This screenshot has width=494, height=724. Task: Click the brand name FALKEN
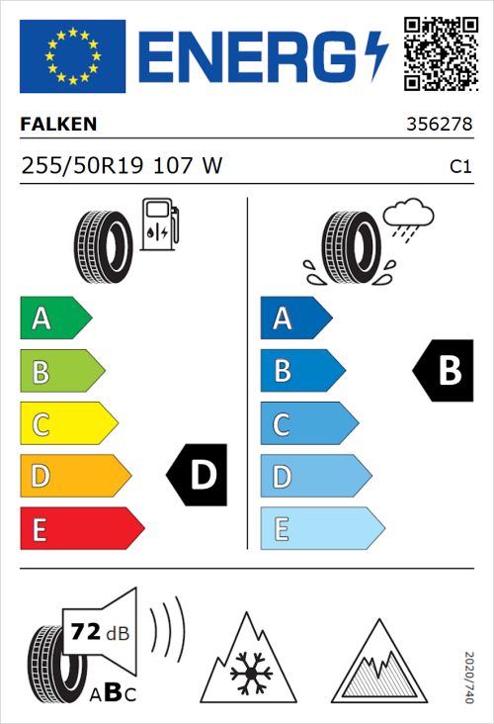[59, 126]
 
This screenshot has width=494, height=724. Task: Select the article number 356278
[440, 126]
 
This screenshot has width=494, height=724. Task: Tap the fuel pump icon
[159, 225]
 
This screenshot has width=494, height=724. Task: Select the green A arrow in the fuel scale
[54, 318]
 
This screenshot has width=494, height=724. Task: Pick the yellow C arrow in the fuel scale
[67, 423]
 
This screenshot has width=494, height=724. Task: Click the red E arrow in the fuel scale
[81, 528]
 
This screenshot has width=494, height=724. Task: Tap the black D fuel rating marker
[198, 476]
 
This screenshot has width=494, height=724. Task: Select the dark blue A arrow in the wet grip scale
[295, 318]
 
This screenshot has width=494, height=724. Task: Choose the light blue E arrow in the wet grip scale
[321, 528]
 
